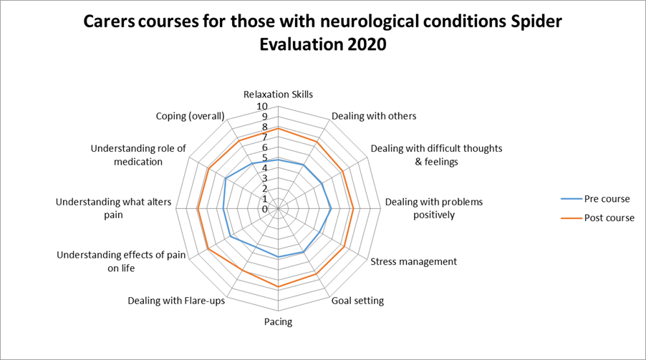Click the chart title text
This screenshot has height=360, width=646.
[x=323, y=33]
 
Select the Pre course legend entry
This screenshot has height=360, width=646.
[x=607, y=198]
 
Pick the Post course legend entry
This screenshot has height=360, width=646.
[x=609, y=218]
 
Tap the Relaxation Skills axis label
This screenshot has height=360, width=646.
[x=278, y=94]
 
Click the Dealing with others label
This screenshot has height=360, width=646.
[x=374, y=116]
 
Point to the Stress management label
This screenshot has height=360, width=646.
[x=413, y=261]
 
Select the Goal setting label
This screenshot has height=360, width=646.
[x=357, y=301]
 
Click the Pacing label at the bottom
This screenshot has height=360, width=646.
[x=278, y=321]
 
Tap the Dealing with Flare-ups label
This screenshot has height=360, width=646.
[x=176, y=301]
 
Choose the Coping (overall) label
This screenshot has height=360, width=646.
[x=191, y=116]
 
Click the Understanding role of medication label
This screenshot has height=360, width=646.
[x=138, y=155]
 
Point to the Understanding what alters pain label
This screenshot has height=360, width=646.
[x=114, y=208]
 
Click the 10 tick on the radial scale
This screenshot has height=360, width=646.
[x=262, y=107]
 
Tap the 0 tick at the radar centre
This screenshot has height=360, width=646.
[x=265, y=209]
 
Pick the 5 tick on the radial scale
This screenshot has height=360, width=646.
[x=265, y=158]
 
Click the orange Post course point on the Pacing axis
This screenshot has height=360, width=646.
[x=278, y=286]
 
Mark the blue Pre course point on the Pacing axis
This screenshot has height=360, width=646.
[x=278, y=256]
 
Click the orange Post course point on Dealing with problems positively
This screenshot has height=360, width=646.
[x=354, y=209]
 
